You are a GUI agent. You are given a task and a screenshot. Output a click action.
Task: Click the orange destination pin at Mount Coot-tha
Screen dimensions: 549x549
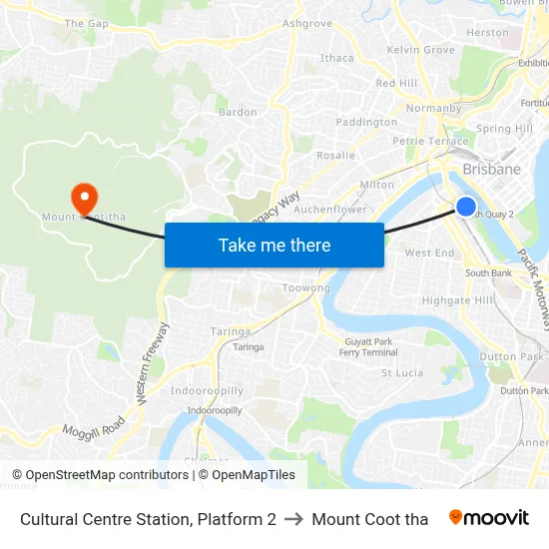(x=83, y=195)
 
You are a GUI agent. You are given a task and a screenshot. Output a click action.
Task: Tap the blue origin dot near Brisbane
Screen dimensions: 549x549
(x=466, y=207)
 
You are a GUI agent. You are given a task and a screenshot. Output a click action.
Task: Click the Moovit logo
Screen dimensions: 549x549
(x=488, y=518)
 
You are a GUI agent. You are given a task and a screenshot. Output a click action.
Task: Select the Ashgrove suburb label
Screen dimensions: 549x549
(x=307, y=23)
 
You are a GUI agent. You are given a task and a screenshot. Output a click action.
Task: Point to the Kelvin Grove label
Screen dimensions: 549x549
(x=420, y=49)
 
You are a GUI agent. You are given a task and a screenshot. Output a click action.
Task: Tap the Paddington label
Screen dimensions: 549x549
(x=366, y=122)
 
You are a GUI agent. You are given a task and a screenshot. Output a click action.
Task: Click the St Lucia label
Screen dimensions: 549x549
(x=402, y=373)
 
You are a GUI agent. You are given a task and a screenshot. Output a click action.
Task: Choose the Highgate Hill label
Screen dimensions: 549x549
(x=458, y=299)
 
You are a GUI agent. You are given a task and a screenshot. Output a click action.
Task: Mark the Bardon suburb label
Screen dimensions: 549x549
(x=238, y=112)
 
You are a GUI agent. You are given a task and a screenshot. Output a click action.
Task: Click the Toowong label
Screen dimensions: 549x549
(x=306, y=287)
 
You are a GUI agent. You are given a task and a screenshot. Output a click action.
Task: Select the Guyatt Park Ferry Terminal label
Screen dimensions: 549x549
(x=368, y=347)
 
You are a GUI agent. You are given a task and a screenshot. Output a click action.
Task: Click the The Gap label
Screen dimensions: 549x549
(x=86, y=23)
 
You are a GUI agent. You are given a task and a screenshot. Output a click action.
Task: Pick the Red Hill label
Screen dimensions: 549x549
(x=396, y=83)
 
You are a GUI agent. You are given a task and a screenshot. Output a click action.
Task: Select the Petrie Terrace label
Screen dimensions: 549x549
(x=430, y=141)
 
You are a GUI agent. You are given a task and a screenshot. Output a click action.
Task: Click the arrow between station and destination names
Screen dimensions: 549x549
(x=293, y=519)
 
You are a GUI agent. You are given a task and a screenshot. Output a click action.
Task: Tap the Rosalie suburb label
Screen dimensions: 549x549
(x=335, y=155)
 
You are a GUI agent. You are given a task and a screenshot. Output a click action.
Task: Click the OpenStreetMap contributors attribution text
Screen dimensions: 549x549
(x=107, y=475)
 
